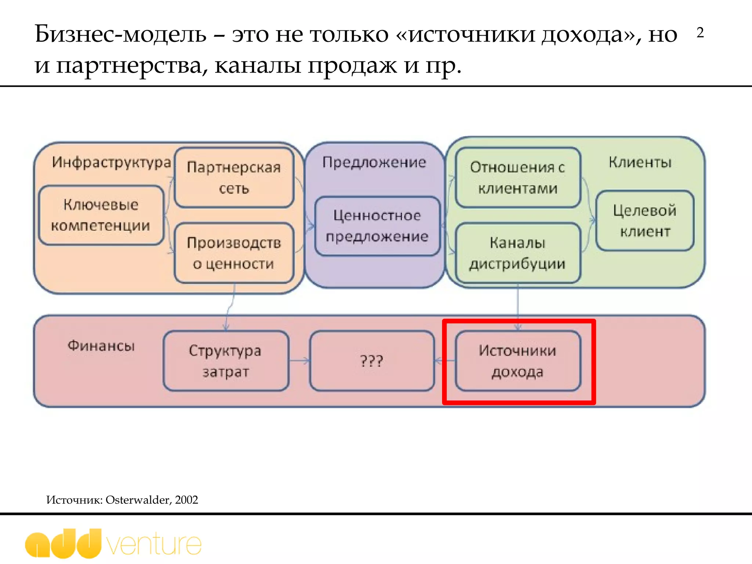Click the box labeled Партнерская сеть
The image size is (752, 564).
(234, 178)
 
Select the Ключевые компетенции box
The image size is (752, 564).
(101, 215)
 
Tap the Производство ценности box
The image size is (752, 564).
(234, 253)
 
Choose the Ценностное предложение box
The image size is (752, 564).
(377, 226)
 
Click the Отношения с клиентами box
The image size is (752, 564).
(518, 178)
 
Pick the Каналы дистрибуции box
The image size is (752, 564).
(518, 253)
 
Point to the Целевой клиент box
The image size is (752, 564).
(645, 221)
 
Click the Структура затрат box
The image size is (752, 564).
(226, 361)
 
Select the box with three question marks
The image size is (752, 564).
(372, 361)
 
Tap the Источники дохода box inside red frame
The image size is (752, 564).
(518, 361)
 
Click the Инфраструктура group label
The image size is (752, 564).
(111, 162)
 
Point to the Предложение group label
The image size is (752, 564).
(374, 162)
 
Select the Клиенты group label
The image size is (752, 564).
(640, 162)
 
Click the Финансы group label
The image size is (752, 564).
(101, 346)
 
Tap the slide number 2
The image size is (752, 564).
(700, 33)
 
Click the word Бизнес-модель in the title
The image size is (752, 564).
(120, 34)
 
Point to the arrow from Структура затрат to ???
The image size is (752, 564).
(299, 361)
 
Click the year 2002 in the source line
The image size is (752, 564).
(187, 500)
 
